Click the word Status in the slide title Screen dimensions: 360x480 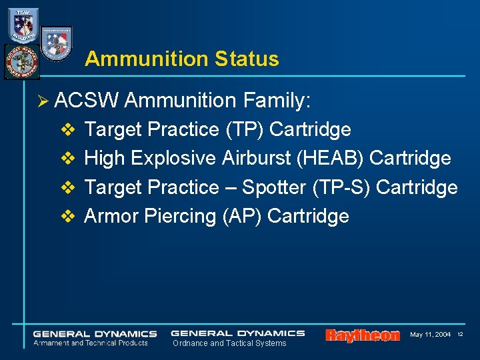[x=247, y=59]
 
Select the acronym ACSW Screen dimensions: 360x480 [x=87, y=101]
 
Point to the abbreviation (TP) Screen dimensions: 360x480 [x=246, y=129]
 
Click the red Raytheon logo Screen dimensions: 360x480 [x=362, y=335]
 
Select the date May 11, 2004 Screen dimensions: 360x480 [x=430, y=334]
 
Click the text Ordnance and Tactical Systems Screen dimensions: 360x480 [x=229, y=343]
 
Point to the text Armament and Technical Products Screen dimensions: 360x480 [x=91, y=343]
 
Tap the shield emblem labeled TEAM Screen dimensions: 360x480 [x=23, y=25]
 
